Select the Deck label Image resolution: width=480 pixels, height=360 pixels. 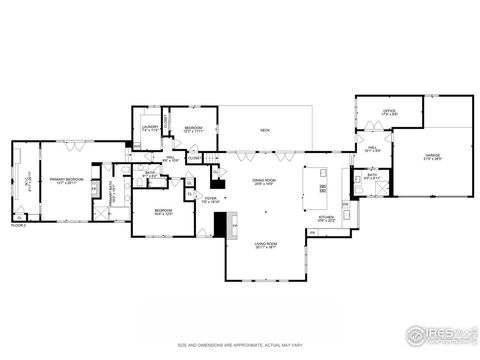click(x=265, y=130)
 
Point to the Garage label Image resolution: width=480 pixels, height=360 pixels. click(x=434, y=157)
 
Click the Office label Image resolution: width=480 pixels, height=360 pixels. click(x=389, y=113)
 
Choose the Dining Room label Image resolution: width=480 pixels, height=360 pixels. click(x=264, y=181)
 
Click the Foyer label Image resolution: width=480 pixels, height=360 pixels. click(x=211, y=200)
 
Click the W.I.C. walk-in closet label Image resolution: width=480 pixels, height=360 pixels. click(x=28, y=184)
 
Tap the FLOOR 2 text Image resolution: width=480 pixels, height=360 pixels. click(x=18, y=225)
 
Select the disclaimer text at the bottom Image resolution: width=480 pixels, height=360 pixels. click(x=240, y=343)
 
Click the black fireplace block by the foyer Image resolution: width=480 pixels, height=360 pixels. click(x=220, y=225)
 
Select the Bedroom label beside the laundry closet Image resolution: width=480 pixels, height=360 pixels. click(x=193, y=129)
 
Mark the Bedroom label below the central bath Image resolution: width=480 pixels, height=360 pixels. click(x=162, y=212)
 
